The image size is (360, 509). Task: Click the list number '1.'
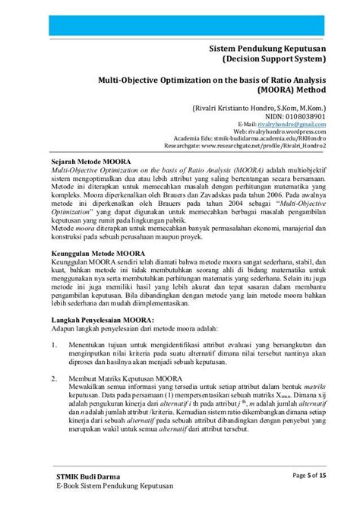pos(45,345)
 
